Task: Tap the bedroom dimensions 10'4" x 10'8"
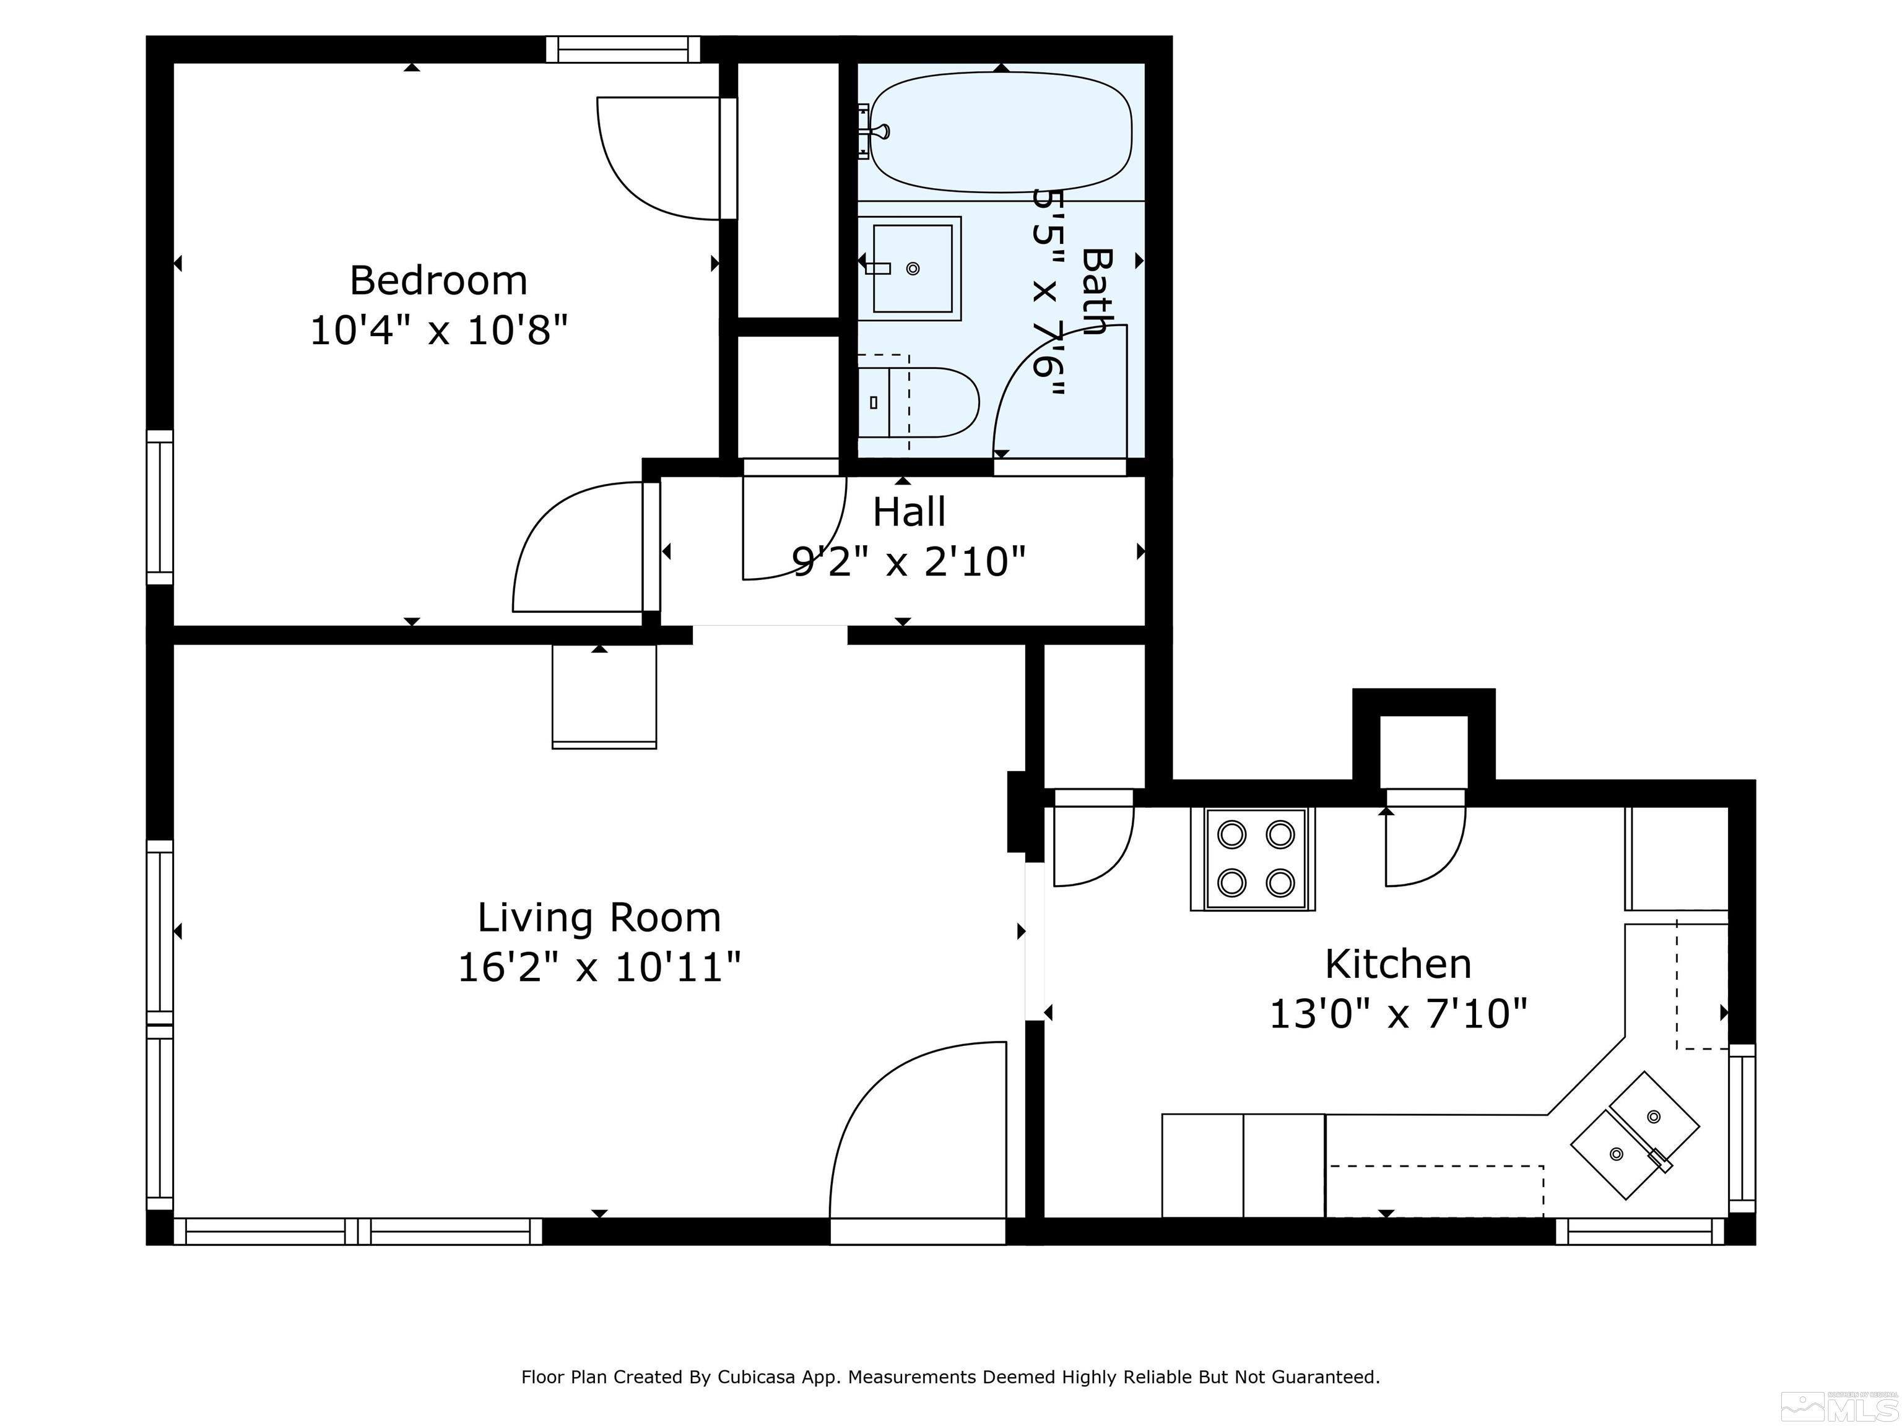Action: pos(438,330)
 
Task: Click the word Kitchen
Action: pos(1398,964)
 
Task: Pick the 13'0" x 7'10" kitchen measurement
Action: pos(1398,1014)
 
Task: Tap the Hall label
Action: pos(909,512)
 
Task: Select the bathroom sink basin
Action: pos(913,268)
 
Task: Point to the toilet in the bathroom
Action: pos(918,402)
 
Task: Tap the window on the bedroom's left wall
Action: pos(160,507)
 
